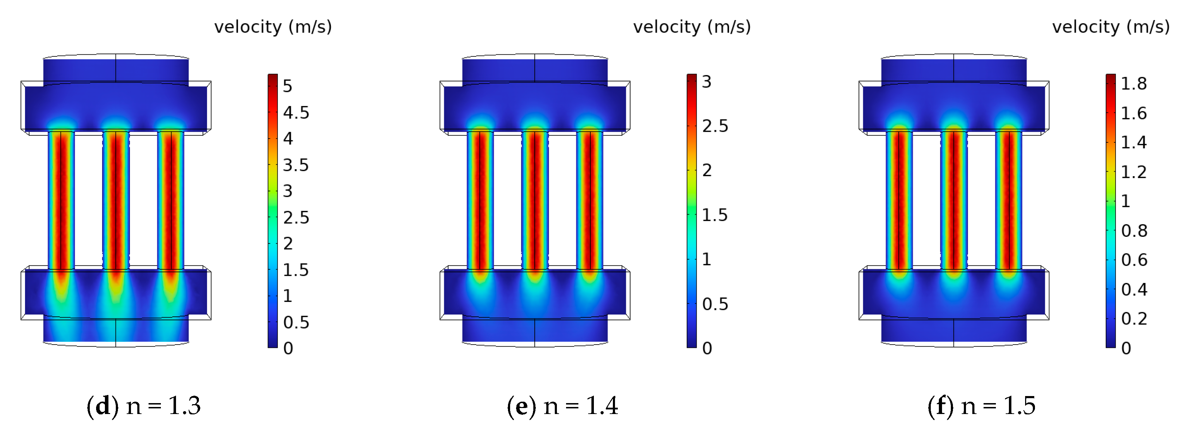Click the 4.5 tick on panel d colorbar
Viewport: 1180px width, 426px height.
click(x=296, y=112)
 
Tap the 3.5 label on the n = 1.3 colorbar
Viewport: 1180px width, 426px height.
click(x=296, y=165)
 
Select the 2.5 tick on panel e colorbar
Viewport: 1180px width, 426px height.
click(x=715, y=126)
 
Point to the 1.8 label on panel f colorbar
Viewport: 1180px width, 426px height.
click(x=1134, y=84)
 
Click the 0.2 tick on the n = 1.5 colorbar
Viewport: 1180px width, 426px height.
click(x=1134, y=318)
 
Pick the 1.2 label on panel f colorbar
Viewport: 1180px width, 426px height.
click(x=1134, y=172)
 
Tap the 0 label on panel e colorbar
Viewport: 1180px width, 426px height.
click(x=707, y=348)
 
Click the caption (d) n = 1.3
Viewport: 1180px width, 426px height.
click(x=143, y=405)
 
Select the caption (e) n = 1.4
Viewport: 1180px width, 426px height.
click(x=562, y=405)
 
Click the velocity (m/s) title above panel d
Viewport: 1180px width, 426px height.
click(x=273, y=26)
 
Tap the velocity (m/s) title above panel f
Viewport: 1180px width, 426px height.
click(x=1111, y=26)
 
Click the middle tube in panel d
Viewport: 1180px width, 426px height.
click(x=116, y=200)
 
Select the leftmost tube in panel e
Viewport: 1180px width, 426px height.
click(x=480, y=200)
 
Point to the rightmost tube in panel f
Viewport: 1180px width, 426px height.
click(x=1009, y=200)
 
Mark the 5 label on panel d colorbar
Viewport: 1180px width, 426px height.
click(x=288, y=86)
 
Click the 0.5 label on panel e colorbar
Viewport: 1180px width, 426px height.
click(x=715, y=304)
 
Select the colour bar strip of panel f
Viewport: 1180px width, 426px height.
click(x=1110, y=211)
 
